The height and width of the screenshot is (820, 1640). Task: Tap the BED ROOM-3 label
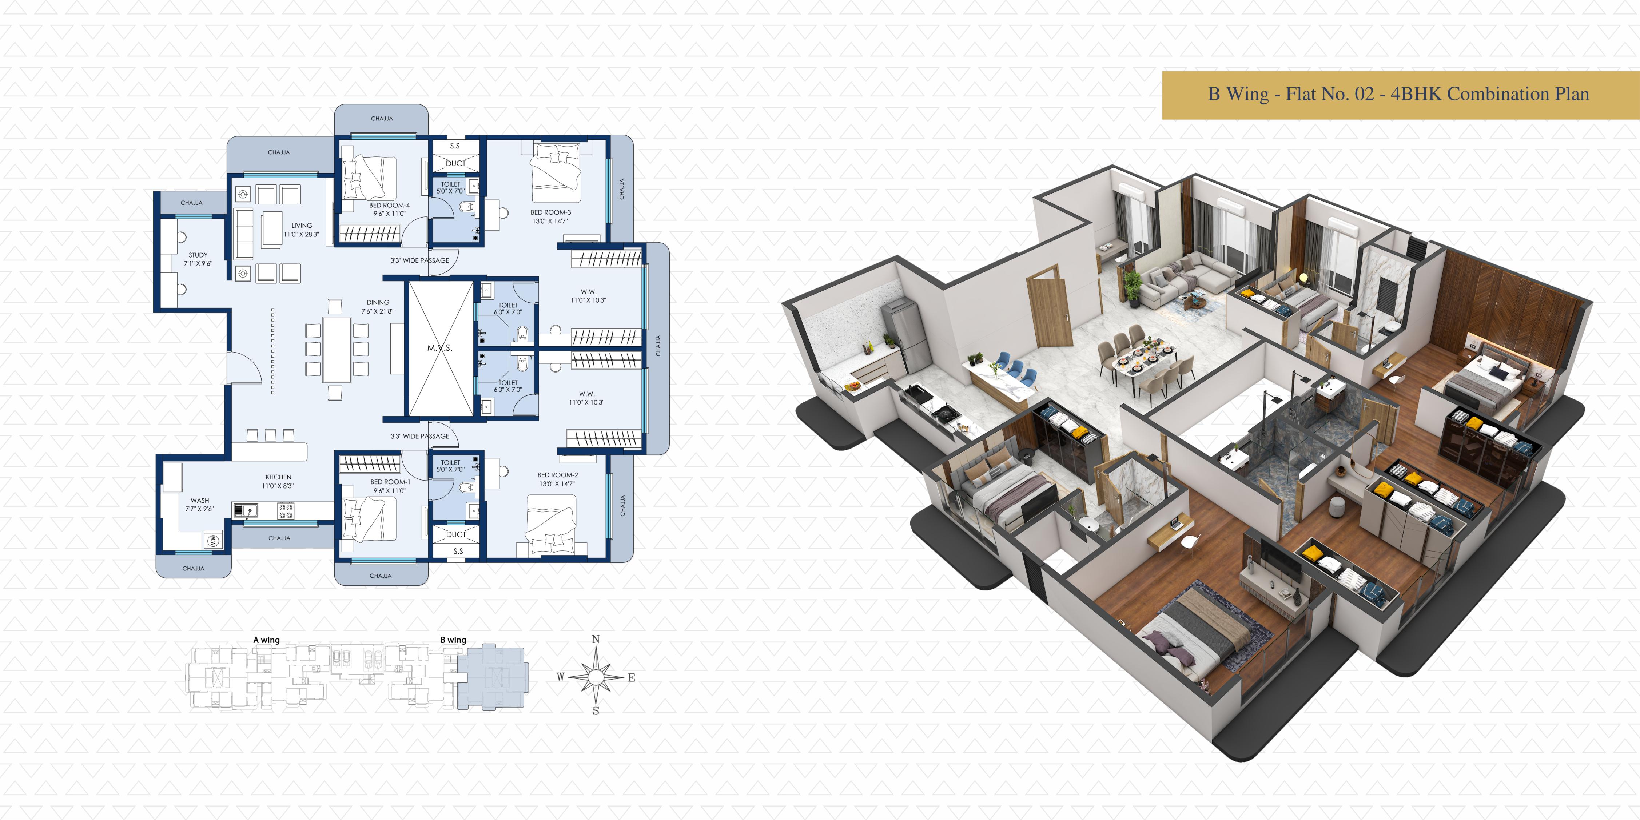[551, 212]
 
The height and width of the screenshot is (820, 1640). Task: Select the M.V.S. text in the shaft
[439, 348]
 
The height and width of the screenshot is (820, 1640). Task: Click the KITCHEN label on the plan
[278, 477]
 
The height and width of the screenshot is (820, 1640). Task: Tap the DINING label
[378, 302]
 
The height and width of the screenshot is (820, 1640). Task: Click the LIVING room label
[302, 226]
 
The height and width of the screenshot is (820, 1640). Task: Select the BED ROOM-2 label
[558, 475]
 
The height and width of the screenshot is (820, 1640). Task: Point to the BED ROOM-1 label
[390, 482]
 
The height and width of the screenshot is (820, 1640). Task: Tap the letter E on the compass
[632, 677]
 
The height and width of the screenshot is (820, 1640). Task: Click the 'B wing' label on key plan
[453, 640]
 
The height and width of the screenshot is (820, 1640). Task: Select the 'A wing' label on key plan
[266, 640]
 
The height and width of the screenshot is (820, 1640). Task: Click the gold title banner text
[1399, 94]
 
